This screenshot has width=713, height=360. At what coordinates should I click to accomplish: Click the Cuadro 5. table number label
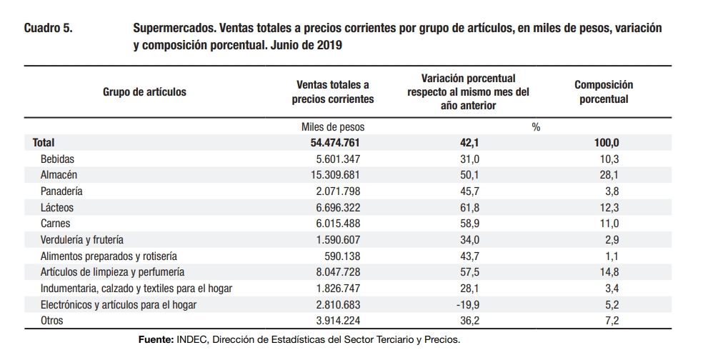pos(48,29)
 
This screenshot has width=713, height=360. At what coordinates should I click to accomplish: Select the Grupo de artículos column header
pos(144,92)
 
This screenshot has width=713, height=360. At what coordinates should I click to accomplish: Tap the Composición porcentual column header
pos(603,92)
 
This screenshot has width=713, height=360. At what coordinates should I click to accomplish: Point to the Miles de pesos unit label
pos(334,127)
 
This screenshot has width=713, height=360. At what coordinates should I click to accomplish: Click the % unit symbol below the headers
pos(536,127)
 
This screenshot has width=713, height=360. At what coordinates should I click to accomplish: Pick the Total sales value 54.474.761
pos(334,143)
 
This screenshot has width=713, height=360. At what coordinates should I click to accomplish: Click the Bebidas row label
pos(57,159)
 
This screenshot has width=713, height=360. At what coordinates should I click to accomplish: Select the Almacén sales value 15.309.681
pos(335,175)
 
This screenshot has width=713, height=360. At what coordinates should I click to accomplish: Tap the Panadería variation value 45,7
pos(469,191)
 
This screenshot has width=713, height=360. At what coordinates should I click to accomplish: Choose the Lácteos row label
pos(57,207)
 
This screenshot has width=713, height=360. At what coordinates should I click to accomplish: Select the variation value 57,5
pos(469,272)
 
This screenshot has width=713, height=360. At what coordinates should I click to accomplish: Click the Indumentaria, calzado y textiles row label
pos(136,288)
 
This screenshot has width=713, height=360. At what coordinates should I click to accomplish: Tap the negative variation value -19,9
pos(468,304)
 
